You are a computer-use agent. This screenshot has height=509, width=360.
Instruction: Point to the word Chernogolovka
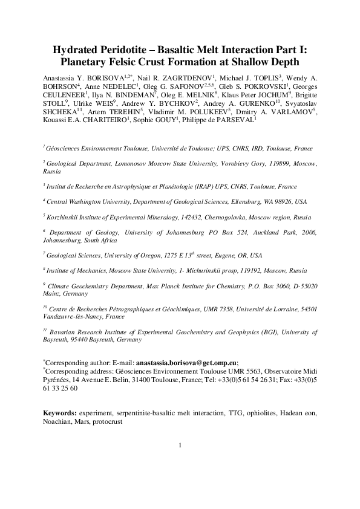pos(211,216)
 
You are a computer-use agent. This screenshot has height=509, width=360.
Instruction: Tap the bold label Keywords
pos(59,412)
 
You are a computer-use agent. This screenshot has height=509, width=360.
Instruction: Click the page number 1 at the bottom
pos(180,462)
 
